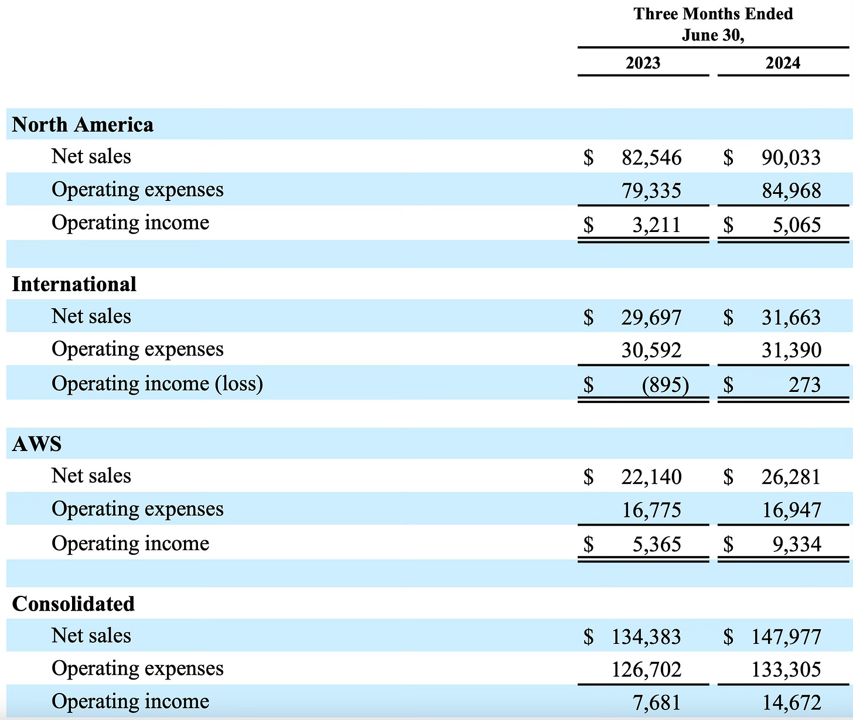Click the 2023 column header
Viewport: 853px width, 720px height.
(643, 63)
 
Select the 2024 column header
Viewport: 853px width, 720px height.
(783, 63)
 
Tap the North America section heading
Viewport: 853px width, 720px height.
(83, 125)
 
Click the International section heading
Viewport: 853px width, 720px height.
(74, 284)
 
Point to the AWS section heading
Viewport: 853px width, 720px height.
(36, 444)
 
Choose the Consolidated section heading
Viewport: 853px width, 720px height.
(73, 604)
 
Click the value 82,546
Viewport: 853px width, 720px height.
(651, 158)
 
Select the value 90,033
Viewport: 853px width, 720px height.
(791, 158)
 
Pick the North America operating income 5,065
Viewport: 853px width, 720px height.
(796, 225)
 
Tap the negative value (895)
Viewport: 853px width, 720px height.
(665, 385)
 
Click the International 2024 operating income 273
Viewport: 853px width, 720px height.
(804, 385)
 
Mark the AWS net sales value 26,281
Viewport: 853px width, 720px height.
(791, 477)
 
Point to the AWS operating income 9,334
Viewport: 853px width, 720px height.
(796, 544)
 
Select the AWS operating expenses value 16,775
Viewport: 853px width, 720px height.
(651, 510)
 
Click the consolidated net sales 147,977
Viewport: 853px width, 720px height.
(786, 637)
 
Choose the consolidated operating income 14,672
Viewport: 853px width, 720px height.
(786, 702)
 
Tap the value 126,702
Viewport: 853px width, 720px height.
(646, 670)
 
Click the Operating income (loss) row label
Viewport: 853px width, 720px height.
(157, 384)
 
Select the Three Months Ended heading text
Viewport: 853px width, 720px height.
(713, 14)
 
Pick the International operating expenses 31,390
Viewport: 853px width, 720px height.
(791, 350)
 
